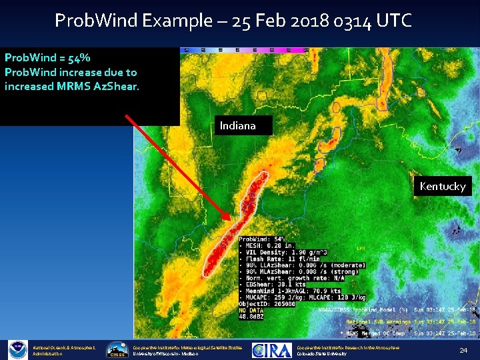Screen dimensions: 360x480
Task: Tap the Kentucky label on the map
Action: pyautogui.click(x=443, y=186)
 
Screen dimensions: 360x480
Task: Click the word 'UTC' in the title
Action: pyautogui.click(x=395, y=21)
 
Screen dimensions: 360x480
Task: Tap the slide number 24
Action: pyautogui.click(x=463, y=349)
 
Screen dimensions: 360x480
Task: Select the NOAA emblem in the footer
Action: pyautogui.click(x=17, y=349)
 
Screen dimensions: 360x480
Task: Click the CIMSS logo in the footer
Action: pyautogui.click(x=118, y=350)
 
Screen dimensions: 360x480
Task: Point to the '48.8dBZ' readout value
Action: pyautogui.click(x=254, y=317)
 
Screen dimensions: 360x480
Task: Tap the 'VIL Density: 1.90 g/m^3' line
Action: pyautogui.click(x=280, y=253)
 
